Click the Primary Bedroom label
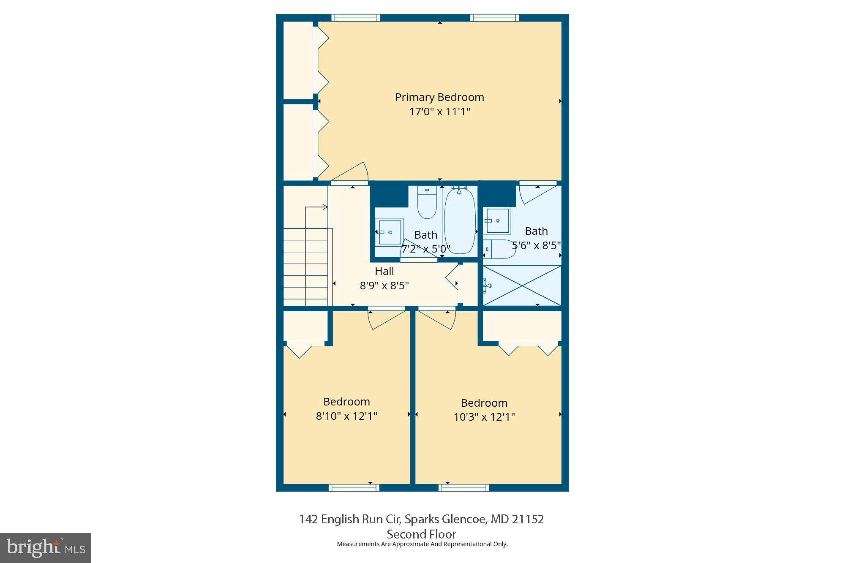439,97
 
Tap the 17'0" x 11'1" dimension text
439,112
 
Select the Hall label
384,271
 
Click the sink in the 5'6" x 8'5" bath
498,220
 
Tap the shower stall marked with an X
522,285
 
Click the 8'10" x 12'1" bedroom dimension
346,416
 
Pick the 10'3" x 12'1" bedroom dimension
484,417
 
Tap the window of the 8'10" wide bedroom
354,488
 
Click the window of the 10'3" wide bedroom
464,488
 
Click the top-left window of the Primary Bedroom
356,18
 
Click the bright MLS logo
46,548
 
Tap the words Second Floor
421,534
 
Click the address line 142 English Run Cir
421,519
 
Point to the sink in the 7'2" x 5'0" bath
389,232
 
